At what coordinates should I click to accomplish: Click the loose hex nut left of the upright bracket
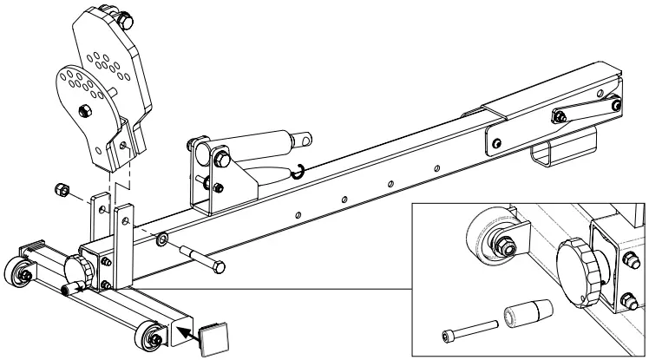pos(63,189)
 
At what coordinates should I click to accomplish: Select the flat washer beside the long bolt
pos(163,238)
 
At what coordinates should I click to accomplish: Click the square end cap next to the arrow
pos(211,338)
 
